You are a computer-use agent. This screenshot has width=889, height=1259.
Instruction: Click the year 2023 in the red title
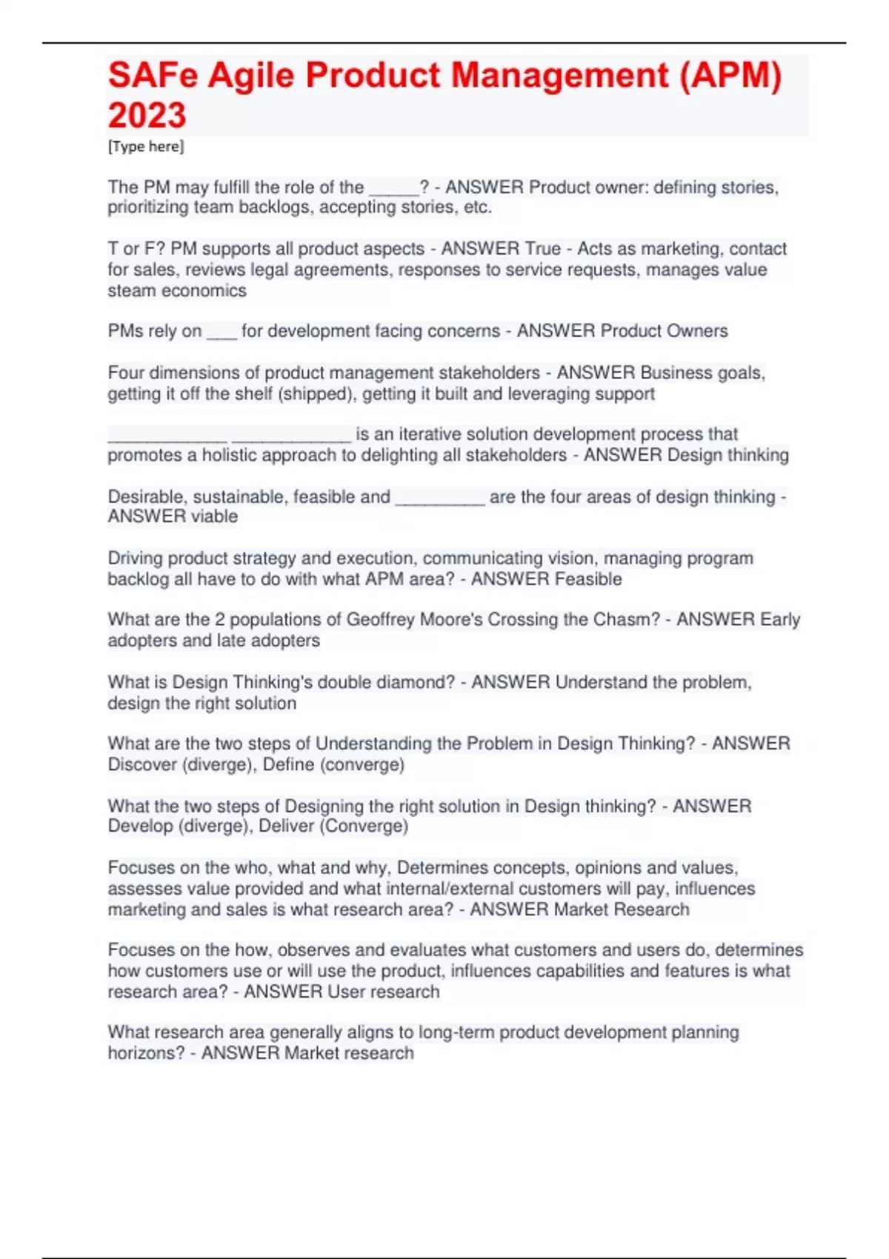[147, 115]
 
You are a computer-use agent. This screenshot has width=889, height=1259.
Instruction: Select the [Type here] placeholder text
[146, 147]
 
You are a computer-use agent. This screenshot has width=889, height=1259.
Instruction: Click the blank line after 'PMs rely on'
[222, 332]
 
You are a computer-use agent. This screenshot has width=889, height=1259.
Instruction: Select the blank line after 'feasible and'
[440, 497]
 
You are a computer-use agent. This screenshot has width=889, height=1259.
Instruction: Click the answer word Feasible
[585, 578]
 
